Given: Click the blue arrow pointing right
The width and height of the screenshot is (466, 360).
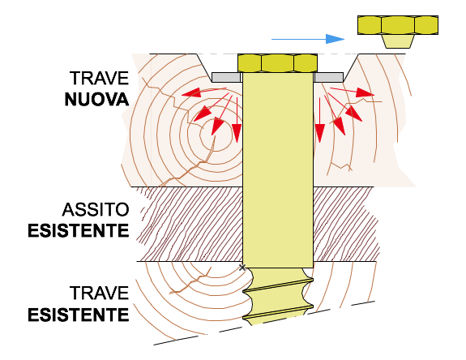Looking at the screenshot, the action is pos(308,39).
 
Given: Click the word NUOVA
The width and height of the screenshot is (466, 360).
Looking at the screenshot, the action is pos(97,100).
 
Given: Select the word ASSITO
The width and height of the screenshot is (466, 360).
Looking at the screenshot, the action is pos(96,209).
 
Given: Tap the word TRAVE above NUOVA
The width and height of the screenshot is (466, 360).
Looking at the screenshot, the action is pos(99,78).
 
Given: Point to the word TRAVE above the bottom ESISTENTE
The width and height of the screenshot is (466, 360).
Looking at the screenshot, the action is pos(99,294).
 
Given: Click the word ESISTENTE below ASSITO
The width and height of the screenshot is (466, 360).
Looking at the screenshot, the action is pos(79,231).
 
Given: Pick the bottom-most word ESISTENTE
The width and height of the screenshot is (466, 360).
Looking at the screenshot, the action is pos(79,315).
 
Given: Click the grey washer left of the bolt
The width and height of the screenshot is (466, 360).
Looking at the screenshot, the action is pos(226,77).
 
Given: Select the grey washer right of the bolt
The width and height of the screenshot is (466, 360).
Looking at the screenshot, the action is pos(329,77).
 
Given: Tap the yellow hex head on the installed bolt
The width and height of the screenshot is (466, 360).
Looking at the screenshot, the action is pos(278,63).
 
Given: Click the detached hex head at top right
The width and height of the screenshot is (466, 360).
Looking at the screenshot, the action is pos(398,25).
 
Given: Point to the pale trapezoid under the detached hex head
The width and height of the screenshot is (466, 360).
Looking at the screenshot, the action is pos(398,41).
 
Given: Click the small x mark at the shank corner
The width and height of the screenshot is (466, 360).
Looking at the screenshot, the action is pos(242,268).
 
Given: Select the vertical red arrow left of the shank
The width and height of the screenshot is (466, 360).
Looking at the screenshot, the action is pos(237,120).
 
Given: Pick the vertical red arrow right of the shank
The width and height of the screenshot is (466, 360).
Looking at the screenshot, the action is pos(319,120).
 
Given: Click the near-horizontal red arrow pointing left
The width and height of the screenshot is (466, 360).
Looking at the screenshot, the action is pos(204,92).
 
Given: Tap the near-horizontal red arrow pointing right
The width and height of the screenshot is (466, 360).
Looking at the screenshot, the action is pos(353,92).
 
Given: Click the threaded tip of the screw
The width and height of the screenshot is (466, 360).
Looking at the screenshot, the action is pos(278,296).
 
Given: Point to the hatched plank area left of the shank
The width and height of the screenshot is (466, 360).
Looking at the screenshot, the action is pos(190,224).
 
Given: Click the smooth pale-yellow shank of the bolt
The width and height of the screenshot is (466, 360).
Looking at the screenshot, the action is pos(278,170).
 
